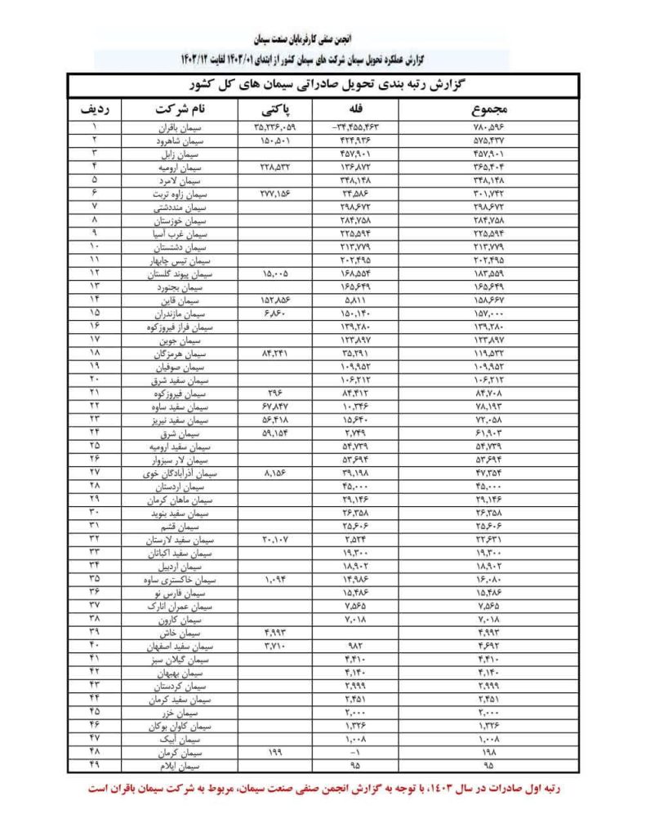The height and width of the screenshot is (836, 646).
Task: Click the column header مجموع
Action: (x=492, y=109)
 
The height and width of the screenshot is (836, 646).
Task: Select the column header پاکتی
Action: (x=276, y=109)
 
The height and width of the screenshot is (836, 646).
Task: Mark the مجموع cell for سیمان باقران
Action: (x=492, y=127)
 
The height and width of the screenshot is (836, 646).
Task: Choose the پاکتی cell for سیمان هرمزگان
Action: (x=276, y=354)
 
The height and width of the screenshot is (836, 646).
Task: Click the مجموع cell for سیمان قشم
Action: (x=492, y=525)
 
